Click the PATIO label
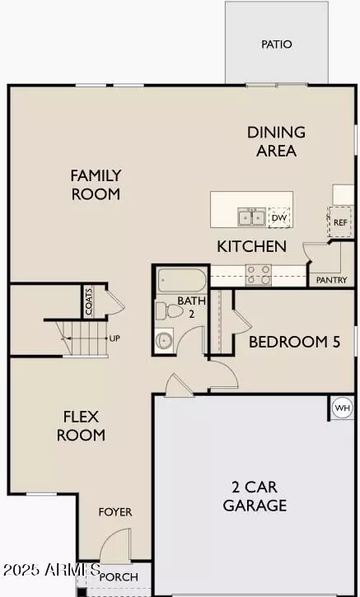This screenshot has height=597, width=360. (x=277, y=44)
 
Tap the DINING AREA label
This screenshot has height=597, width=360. (x=276, y=141)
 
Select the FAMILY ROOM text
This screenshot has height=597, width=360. (x=96, y=184)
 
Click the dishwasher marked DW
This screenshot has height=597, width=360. (x=280, y=217)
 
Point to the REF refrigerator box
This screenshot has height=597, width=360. (x=339, y=222)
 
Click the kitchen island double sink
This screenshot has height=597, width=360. (x=251, y=217)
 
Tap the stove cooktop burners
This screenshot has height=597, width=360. (x=259, y=274)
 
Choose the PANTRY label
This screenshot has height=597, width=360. (x=332, y=280)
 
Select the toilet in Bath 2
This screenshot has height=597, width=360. (x=164, y=312)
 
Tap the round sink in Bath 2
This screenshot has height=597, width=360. (x=165, y=339)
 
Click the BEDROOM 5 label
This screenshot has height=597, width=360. (x=294, y=342)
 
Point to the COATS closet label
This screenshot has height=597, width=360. (x=89, y=301)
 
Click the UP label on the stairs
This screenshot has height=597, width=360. (x=115, y=338)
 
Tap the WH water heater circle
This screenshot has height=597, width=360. (x=342, y=407)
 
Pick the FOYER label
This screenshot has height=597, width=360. (x=115, y=512)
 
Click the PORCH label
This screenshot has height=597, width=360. (x=119, y=577)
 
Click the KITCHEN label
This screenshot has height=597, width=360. (x=251, y=246)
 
